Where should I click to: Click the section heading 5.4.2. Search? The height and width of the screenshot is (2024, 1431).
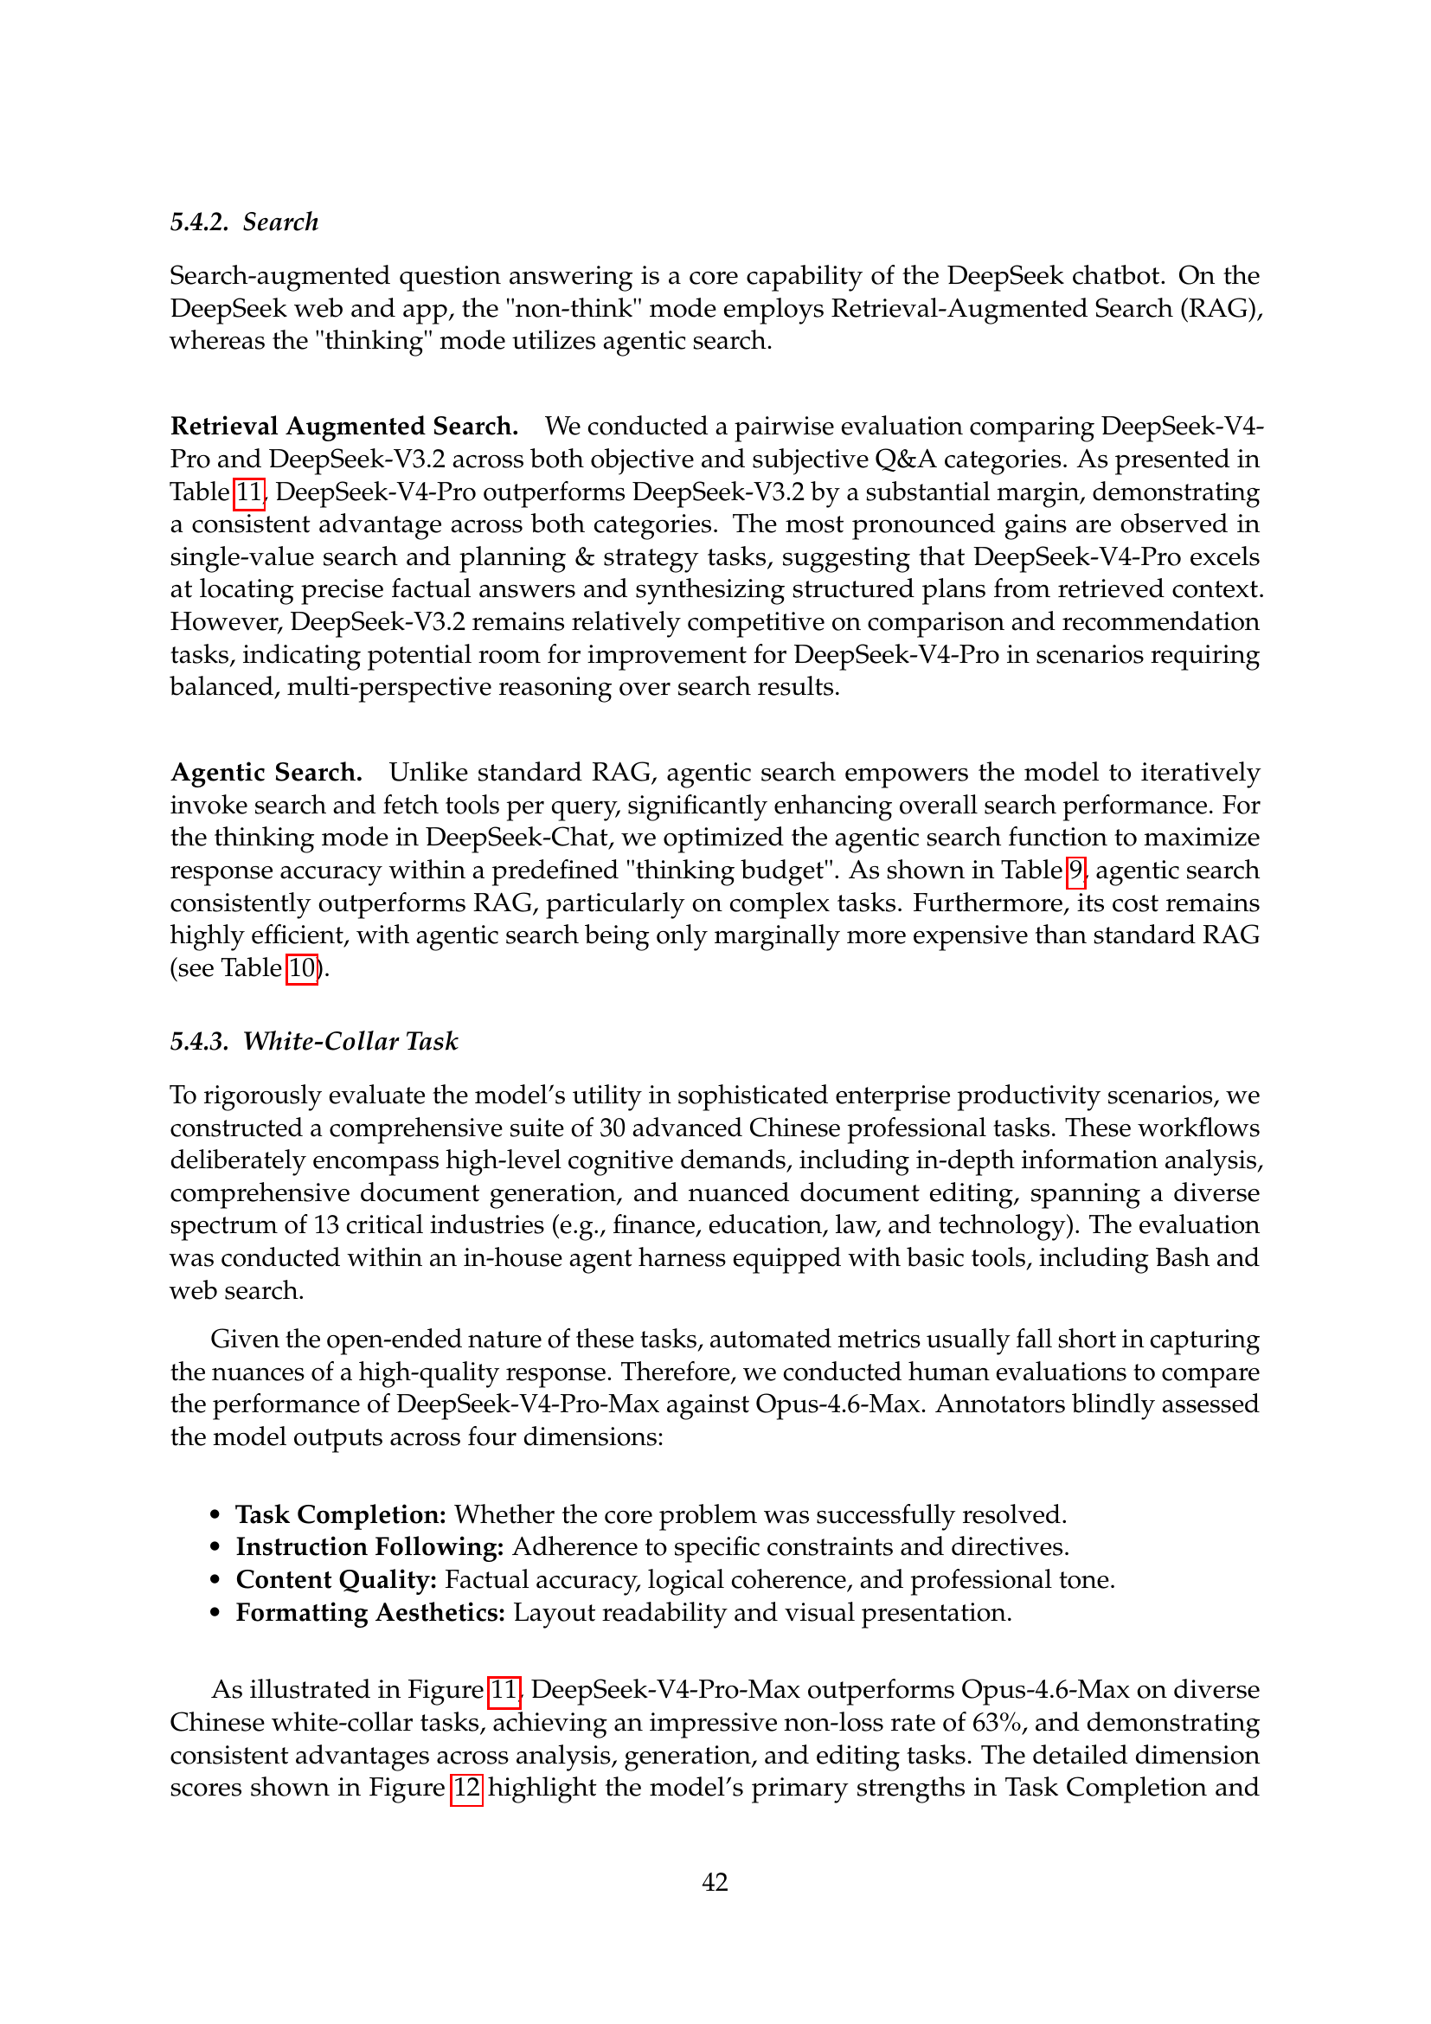244,222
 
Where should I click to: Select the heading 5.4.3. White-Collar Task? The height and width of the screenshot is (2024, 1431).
314,1041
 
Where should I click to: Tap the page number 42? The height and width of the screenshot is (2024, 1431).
715,1882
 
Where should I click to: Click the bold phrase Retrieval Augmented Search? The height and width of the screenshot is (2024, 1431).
343,427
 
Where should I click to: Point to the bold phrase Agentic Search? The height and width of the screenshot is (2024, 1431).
266,772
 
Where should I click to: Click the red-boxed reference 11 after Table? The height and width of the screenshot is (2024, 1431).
249,492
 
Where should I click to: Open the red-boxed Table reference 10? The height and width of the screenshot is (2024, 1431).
301,968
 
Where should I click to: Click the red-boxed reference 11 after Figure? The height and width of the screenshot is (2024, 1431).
504,1690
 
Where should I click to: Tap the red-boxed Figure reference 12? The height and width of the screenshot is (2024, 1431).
466,1788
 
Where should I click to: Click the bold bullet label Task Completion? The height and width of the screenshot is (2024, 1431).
341,1514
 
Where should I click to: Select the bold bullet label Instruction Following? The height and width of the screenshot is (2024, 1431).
370,1547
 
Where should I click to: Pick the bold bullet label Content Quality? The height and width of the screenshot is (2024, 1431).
337,1580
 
